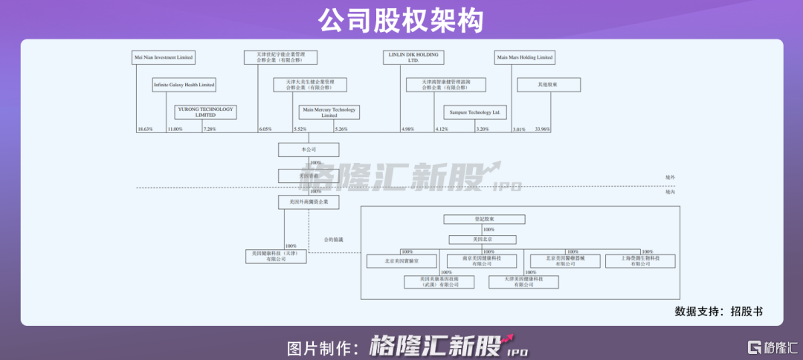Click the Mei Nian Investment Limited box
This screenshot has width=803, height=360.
point(163,57)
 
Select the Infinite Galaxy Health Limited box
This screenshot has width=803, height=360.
point(184,85)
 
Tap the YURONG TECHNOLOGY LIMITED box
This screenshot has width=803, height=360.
point(205,112)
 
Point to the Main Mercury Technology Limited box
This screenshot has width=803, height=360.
point(329,112)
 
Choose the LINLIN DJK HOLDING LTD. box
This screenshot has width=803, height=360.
point(413,57)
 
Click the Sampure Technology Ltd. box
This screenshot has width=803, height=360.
point(474,112)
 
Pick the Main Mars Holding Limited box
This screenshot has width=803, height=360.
point(524,57)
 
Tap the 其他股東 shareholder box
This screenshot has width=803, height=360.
point(548,85)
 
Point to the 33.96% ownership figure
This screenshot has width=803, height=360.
point(542,129)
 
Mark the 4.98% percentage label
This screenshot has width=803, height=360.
point(407,129)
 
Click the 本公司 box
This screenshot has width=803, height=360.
point(309,150)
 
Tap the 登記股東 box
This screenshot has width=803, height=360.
point(484,219)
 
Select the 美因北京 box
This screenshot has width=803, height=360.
point(484,240)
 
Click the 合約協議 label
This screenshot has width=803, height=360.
point(334,240)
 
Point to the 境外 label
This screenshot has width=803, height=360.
point(670,178)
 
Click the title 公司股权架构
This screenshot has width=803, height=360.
point(401,19)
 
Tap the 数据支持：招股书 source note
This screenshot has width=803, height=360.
point(718,312)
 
